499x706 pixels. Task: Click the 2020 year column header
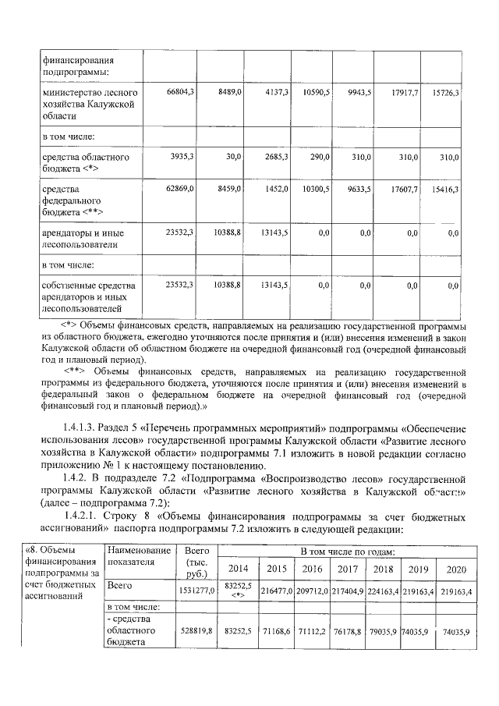click(x=455, y=569)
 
